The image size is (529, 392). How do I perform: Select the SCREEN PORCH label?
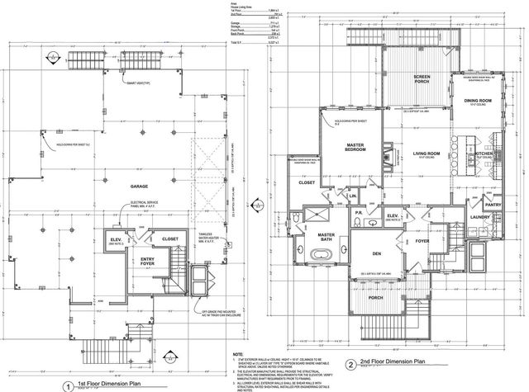(427, 80)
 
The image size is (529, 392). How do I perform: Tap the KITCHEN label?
(485, 153)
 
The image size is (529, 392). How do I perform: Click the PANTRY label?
(493, 204)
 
